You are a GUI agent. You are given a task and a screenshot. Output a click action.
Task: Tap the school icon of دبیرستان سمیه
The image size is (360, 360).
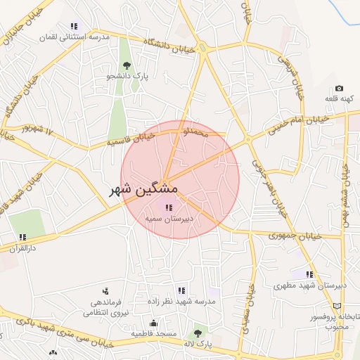[x=168, y=207]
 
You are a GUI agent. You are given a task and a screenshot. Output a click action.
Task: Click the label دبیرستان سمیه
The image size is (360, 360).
[x=169, y=219]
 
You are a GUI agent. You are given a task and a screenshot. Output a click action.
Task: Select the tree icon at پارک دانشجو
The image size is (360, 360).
[x=127, y=65]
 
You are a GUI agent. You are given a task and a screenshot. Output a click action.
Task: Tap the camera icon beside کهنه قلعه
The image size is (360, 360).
[x=339, y=89]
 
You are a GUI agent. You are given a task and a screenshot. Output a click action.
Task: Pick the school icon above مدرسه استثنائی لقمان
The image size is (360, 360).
[x=75, y=26]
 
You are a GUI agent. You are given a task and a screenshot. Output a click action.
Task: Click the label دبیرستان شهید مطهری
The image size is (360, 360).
[x=310, y=285]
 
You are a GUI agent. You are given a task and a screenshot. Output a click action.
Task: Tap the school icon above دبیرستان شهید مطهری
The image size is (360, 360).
[x=309, y=274]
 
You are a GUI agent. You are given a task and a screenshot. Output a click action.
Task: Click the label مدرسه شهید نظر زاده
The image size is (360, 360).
[x=181, y=301]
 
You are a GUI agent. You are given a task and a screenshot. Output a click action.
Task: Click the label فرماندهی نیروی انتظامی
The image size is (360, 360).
[x=106, y=307]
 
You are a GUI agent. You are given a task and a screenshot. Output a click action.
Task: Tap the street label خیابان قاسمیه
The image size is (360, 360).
[x=130, y=139]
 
